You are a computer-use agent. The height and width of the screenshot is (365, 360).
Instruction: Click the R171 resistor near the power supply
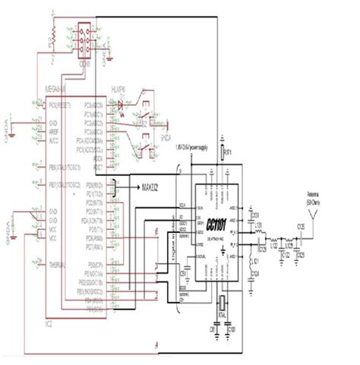click(222, 154)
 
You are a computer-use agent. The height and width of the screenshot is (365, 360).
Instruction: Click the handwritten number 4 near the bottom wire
click(157, 346)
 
